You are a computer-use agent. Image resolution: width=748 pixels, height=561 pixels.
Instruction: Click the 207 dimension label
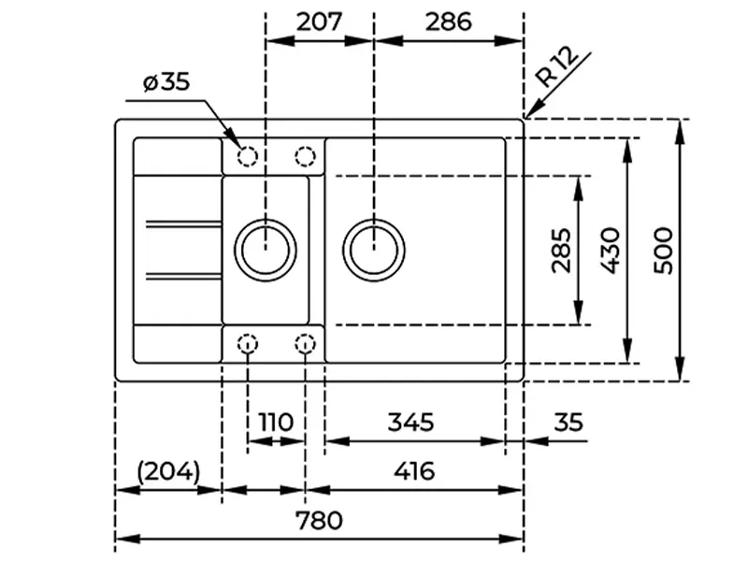[320, 21]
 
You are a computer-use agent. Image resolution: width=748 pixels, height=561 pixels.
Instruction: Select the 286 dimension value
[448, 21]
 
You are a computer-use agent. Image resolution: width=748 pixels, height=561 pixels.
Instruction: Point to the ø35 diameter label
[166, 82]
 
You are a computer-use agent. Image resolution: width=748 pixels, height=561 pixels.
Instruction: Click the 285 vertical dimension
[560, 250]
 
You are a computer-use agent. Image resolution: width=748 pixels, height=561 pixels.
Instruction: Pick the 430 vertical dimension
[609, 250]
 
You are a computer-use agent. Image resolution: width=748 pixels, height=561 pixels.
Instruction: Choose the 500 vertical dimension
[663, 250]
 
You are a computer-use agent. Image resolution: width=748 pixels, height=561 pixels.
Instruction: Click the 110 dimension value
[275, 422]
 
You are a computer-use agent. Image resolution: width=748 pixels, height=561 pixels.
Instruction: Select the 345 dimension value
[410, 422]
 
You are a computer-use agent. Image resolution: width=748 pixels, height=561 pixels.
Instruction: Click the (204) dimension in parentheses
[168, 471]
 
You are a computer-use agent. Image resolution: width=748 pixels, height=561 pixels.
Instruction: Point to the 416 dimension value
[414, 471]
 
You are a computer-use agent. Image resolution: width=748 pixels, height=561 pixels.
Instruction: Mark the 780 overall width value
[319, 520]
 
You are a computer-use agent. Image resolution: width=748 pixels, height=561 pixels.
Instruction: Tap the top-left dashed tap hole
[248, 156]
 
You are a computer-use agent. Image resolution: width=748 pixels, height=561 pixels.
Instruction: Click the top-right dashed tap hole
[305, 156]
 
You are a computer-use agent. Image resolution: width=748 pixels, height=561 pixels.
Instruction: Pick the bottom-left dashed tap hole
[248, 345]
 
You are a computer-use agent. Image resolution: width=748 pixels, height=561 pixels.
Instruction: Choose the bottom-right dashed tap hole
[305, 345]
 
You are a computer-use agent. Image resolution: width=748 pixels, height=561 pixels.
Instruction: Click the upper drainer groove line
[182, 224]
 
